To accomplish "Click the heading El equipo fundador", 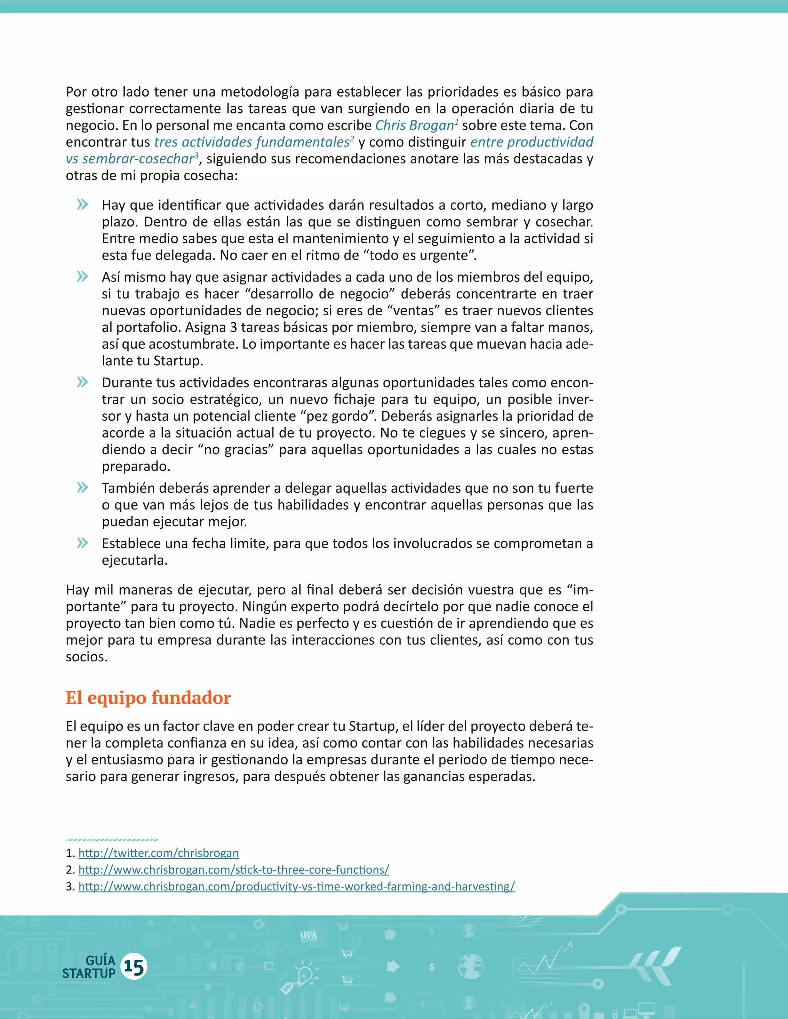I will [148, 698].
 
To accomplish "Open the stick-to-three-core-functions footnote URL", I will [234, 870].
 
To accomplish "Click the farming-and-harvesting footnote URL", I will [296, 886].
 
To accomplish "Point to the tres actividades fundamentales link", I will [252, 142].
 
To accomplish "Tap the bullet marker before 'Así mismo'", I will [83, 277].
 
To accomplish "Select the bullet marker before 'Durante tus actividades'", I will [83, 382].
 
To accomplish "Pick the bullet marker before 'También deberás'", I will [83, 488].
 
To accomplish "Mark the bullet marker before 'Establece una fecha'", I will [83, 543].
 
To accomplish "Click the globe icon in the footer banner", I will [470, 966].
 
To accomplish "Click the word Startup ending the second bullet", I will [178, 361].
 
